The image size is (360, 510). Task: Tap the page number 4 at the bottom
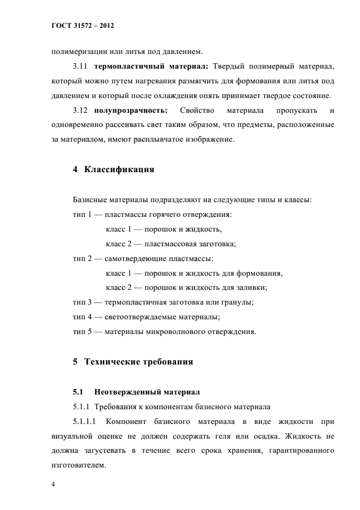click(53, 484)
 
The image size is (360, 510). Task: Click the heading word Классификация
click(119, 169)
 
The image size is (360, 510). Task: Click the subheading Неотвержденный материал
click(147, 392)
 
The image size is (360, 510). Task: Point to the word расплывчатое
click(155, 140)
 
